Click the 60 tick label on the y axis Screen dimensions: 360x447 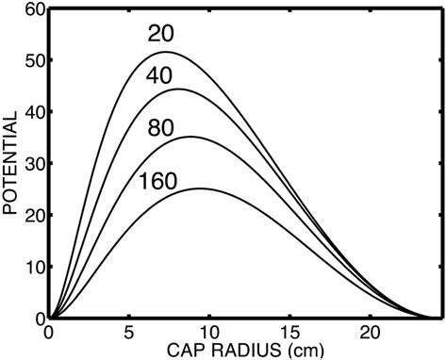coord(34,10)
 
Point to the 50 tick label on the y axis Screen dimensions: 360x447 coord(34,61)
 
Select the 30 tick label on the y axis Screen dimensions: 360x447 coord(34,164)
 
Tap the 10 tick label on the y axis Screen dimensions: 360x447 coord(34,267)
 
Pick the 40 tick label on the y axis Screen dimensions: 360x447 coord(34,113)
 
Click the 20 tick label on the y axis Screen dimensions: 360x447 coord(34,216)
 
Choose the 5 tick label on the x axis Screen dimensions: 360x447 coord(129,333)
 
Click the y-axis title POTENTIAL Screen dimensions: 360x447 coord(12,166)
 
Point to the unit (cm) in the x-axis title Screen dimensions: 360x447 coord(302,349)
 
